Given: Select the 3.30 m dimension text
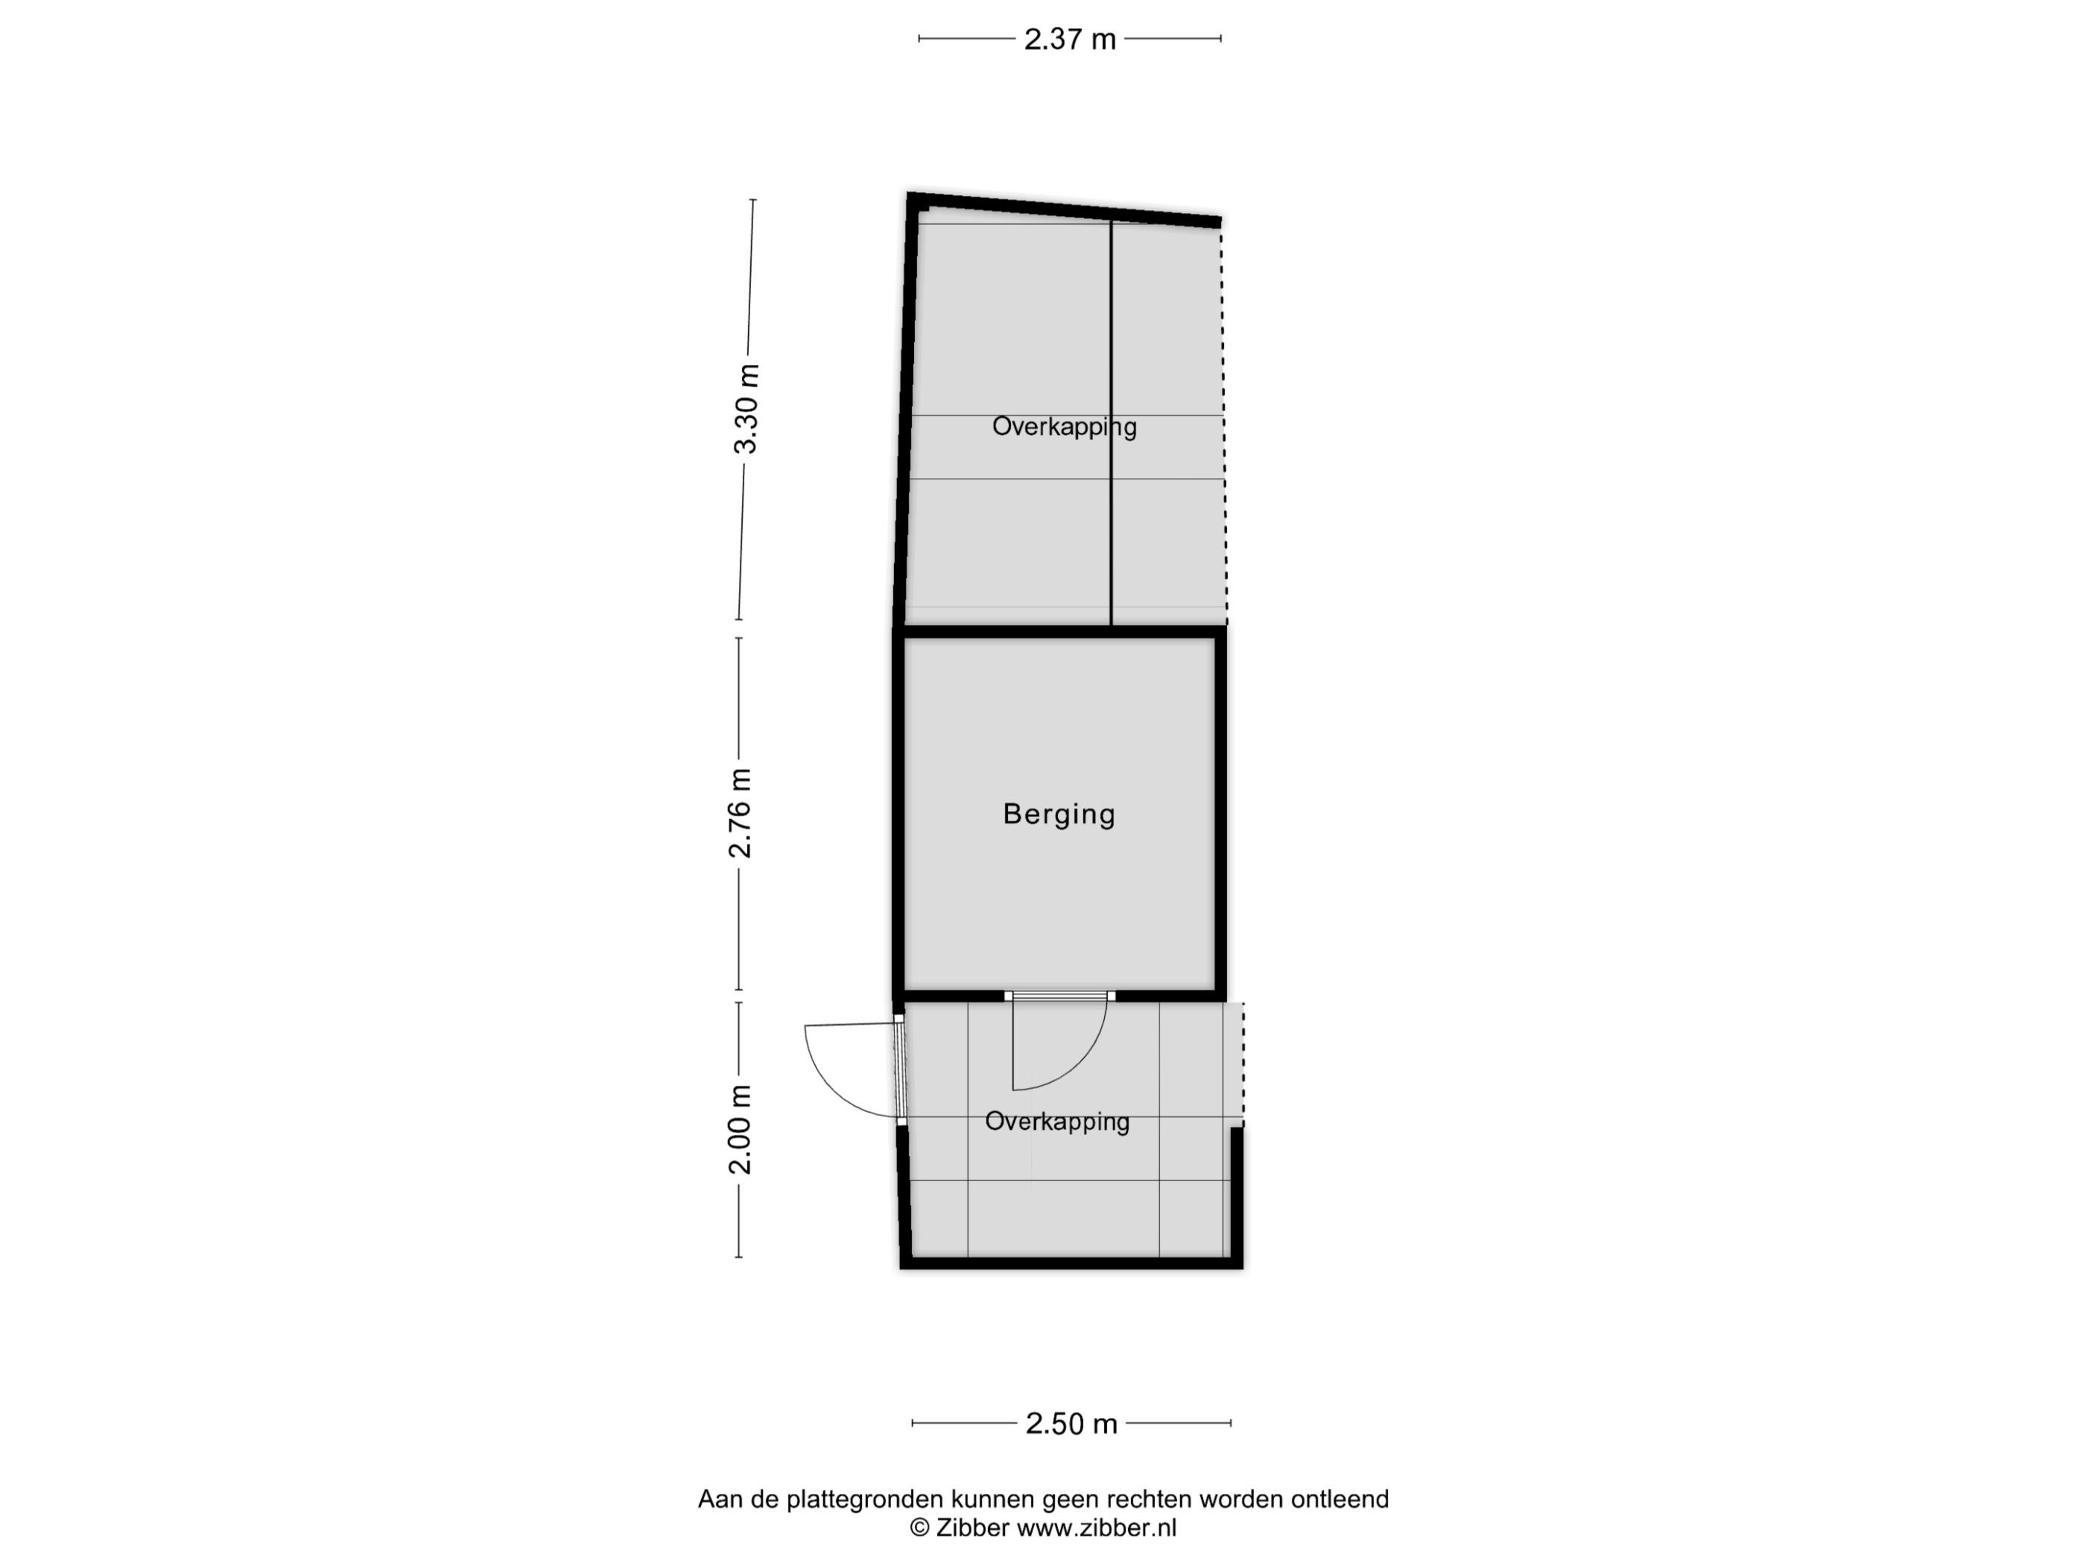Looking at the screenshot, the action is tap(746, 409).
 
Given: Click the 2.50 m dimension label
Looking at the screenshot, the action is tap(1071, 1423).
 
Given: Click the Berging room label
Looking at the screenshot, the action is tap(1059, 813).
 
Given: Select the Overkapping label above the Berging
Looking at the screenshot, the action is tap(1064, 427).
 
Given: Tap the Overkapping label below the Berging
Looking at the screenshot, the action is tap(1057, 1122).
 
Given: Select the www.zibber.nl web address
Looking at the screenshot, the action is tap(1096, 1528).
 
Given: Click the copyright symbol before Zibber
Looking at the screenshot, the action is tap(919, 1528).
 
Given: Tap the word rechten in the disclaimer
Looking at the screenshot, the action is tap(1149, 1499).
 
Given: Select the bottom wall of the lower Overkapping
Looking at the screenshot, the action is tap(1071, 1262).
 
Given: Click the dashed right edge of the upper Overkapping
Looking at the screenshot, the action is tap(1224, 425).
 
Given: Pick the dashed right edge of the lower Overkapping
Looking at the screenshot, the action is tap(1243, 1064).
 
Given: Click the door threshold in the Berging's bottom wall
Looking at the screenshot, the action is tap(1060, 996).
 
